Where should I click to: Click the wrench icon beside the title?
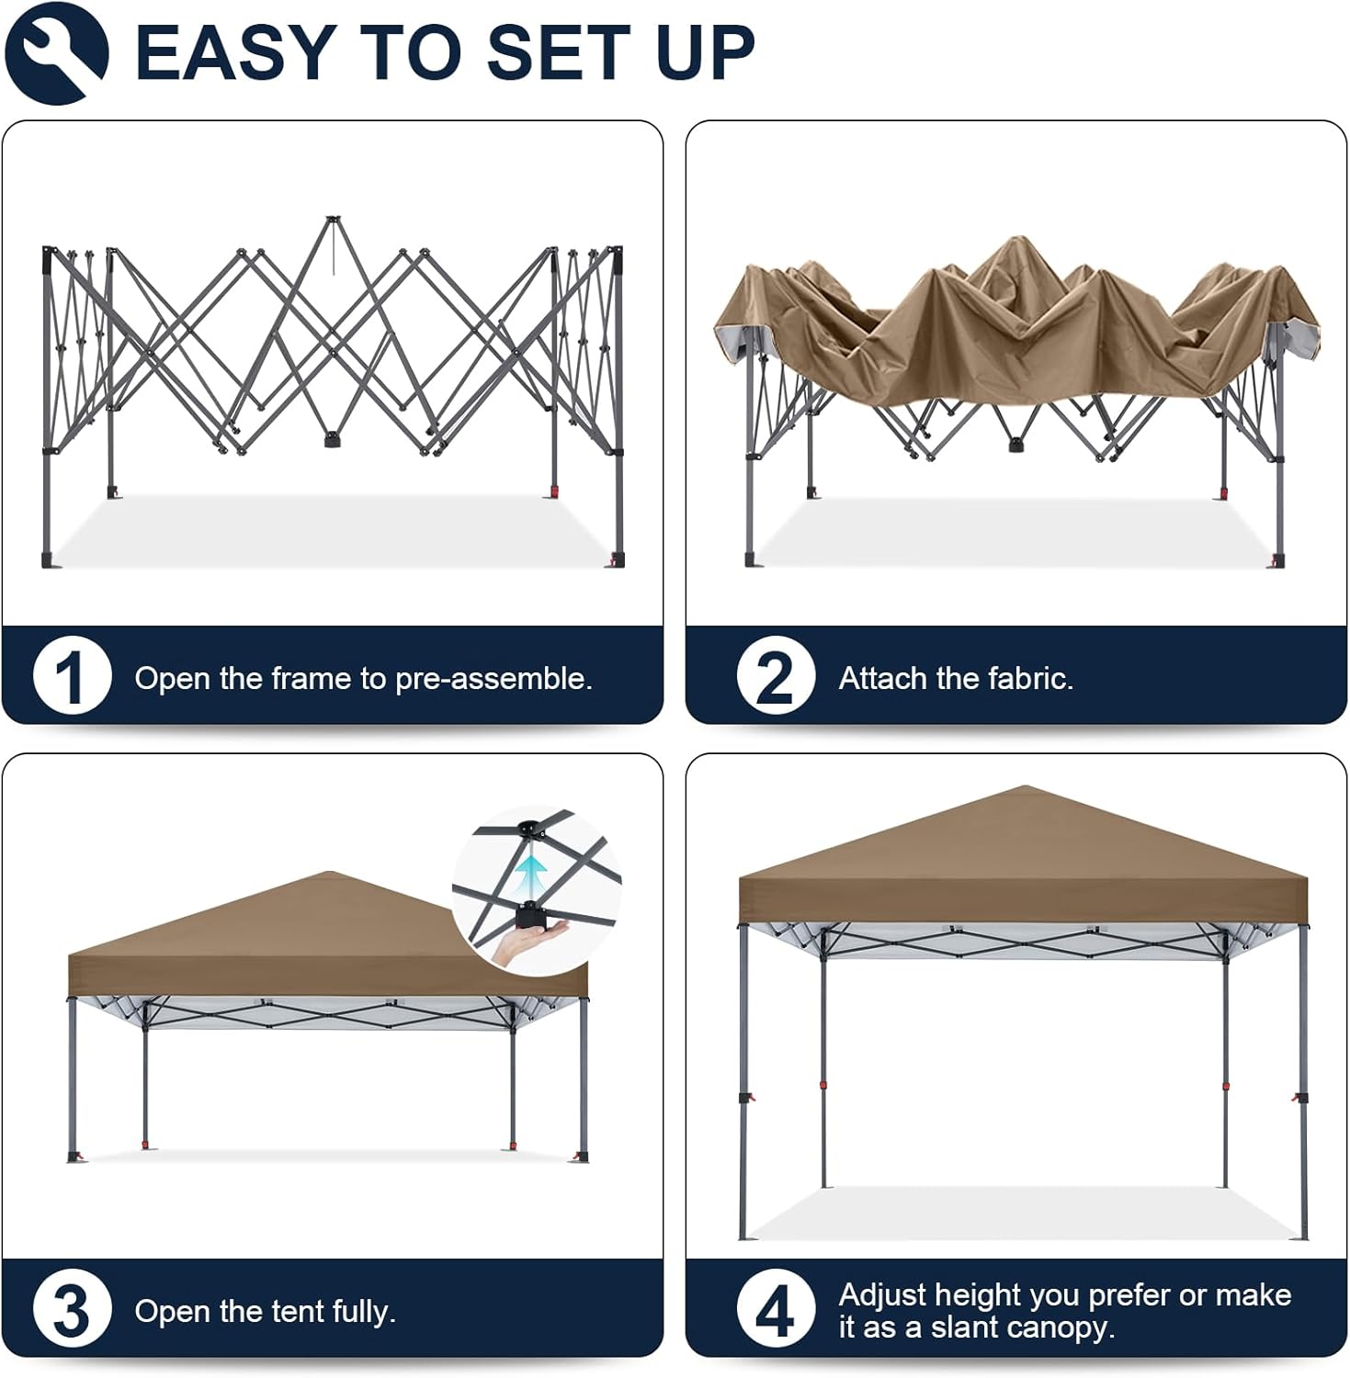click(x=56, y=52)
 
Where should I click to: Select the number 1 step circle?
click(x=72, y=676)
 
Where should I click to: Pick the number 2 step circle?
click(x=776, y=676)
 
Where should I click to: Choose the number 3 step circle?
click(x=72, y=1309)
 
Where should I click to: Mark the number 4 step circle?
click(x=776, y=1309)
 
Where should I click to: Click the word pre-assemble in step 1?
click(x=493, y=679)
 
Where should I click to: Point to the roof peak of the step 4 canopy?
click(x=1025, y=787)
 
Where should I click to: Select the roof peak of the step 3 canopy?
click(x=329, y=873)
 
